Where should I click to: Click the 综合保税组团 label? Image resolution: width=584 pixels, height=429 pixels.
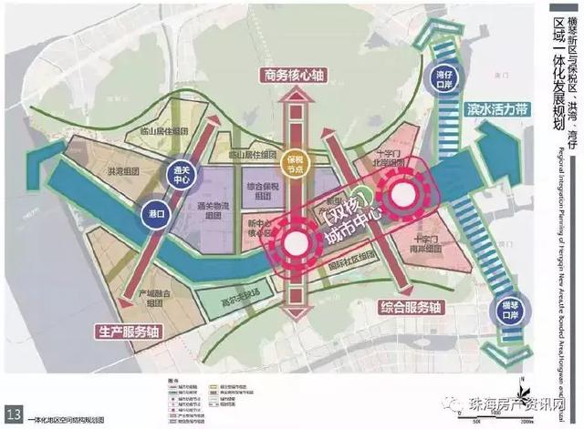click(x=262, y=190)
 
